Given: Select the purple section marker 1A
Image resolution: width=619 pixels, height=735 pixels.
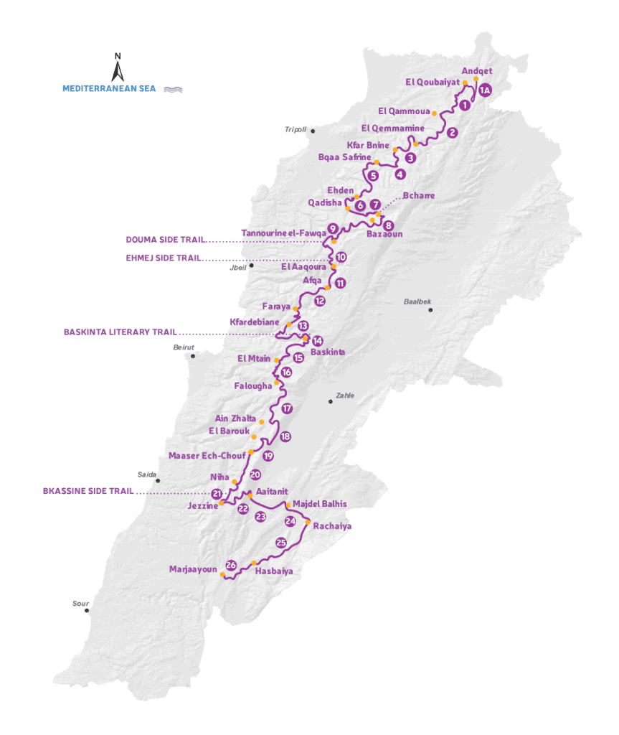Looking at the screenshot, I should click(486, 90).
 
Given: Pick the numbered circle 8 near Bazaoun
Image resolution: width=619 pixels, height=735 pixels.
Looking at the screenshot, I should click(389, 224).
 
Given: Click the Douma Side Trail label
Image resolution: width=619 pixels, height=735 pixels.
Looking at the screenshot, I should click(164, 240).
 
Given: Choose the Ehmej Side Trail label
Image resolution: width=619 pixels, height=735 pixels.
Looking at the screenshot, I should click(164, 257).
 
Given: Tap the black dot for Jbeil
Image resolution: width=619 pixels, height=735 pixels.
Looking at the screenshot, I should click(252, 266).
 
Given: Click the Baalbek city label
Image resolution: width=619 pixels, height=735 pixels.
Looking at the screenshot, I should click(417, 301).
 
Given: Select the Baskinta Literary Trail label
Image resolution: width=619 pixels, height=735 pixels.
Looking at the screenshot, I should click(120, 332).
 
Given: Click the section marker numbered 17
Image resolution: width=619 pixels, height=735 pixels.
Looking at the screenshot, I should click(287, 408).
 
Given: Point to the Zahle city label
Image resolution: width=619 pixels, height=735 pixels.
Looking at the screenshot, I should click(344, 395).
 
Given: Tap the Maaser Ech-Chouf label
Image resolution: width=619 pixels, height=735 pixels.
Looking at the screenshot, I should click(207, 455).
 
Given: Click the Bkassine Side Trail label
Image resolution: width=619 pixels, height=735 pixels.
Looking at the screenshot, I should click(88, 492).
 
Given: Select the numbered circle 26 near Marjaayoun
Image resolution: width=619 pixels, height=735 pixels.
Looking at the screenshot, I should click(231, 565).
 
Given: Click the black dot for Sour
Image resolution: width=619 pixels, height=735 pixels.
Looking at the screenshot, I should click(86, 611).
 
